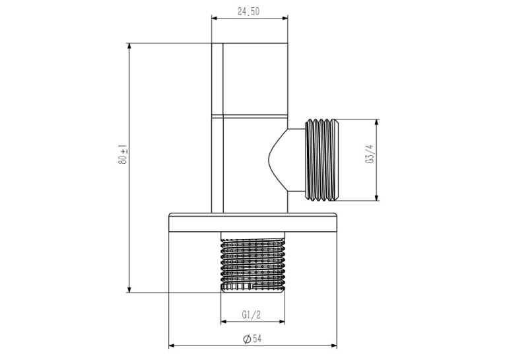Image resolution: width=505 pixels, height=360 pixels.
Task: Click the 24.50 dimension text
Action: pyautogui.click(x=248, y=12)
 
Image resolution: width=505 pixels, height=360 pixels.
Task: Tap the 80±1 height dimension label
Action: pyautogui.click(x=123, y=155)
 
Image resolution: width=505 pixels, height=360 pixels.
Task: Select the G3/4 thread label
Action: pyautogui.click(x=370, y=154)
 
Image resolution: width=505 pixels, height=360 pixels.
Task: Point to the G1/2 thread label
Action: pyautogui.click(x=251, y=314)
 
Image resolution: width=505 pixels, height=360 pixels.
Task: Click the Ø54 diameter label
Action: pyautogui.click(x=252, y=338)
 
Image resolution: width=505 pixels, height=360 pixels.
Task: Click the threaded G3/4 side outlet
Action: pyautogui.click(x=321, y=160)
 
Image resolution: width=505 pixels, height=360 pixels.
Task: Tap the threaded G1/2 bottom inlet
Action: pyautogui.click(x=253, y=263)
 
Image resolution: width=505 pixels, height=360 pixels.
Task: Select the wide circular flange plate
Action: pyautogui.click(x=253, y=223)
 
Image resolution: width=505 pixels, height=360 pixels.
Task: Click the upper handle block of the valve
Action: pyautogui.click(x=250, y=79)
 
